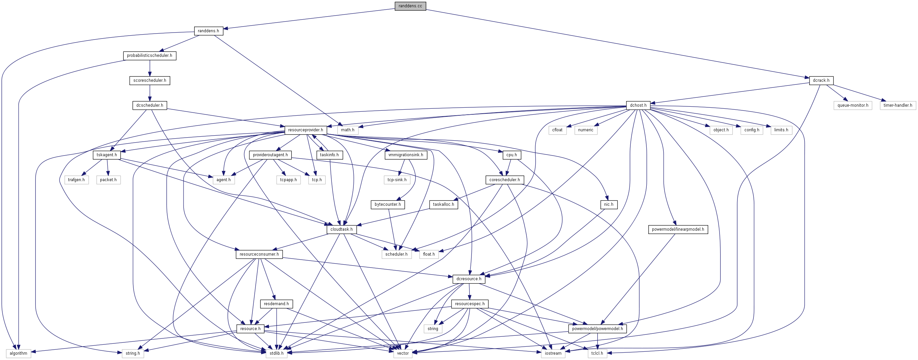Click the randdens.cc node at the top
coord(410,6)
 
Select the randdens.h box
coord(208,31)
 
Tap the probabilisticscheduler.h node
coord(150,56)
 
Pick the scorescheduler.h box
coord(150,80)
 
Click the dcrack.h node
coord(821,80)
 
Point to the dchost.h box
coord(638,105)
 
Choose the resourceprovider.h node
coord(306,130)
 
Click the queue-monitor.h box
coord(853,105)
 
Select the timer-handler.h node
coord(898,105)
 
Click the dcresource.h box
coord(468,279)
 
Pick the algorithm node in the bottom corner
coord(19,354)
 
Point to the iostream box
coord(553,354)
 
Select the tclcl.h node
coord(597,354)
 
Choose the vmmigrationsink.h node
coord(406,155)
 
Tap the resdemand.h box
coord(277,304)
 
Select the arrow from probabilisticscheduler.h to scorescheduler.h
coord(150,68)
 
